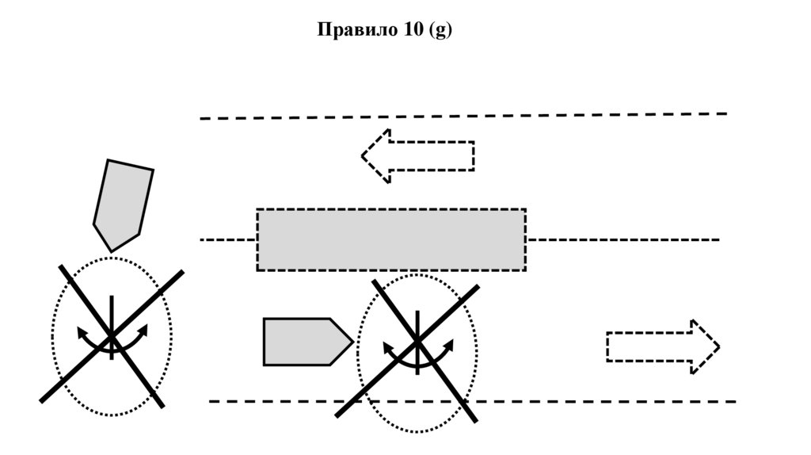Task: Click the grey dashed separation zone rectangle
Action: pyautogui.click(x=390, y=239)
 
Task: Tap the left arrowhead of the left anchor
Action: pyautogui.click(x=81, y=331)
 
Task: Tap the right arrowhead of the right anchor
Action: pyautogui.click(x=450, y=345)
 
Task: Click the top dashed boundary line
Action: pyautogui.click(x=463, y=116)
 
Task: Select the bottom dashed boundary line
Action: pyautogui.click(x=472, y=401)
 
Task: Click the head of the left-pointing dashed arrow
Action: pyautogui.click(x=375, y=155)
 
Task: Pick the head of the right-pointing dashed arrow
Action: pyautogui.click(x=706, y=346)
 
